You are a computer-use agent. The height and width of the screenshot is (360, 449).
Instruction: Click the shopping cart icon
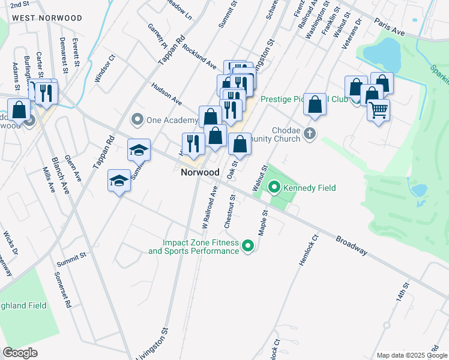click(378, 110)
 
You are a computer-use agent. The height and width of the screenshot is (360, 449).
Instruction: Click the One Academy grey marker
click(137, 120)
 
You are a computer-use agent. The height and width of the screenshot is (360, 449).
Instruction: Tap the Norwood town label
click(200, 172)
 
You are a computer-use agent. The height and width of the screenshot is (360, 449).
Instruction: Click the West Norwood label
click(47, 18)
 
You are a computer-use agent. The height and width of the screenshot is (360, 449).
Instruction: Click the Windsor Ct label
click(104, 69)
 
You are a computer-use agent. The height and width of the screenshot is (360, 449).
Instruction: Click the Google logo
click(20, 353)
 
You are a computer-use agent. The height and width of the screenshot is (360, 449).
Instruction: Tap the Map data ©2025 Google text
click(411, 355)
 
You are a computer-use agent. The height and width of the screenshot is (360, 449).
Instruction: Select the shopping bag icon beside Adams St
click(19, 110)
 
